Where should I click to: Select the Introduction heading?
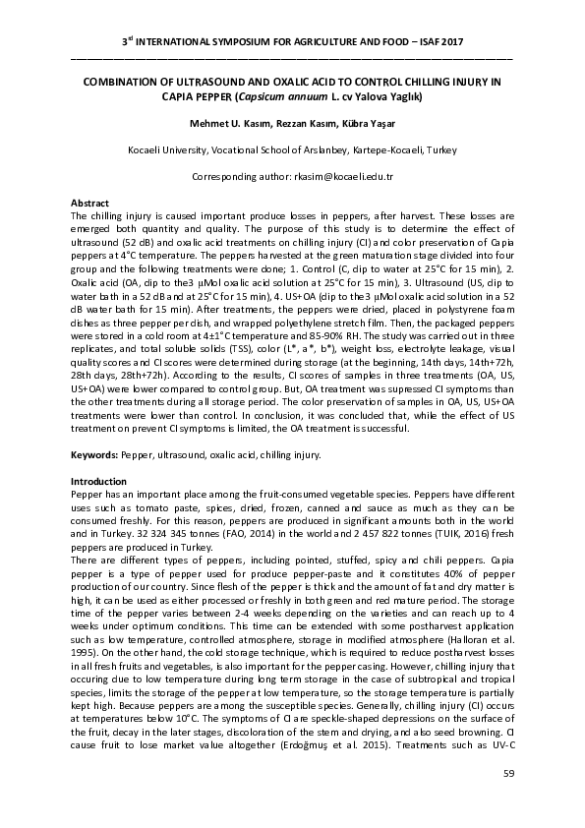[98, 481]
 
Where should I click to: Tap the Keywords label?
[94, 455]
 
